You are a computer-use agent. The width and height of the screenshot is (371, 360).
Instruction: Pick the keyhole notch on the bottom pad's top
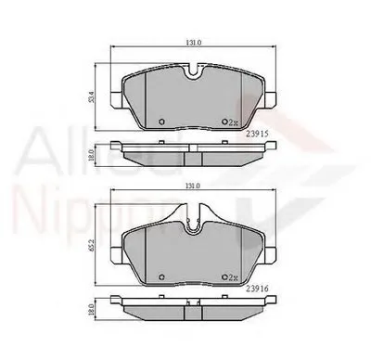coord(191,220)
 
